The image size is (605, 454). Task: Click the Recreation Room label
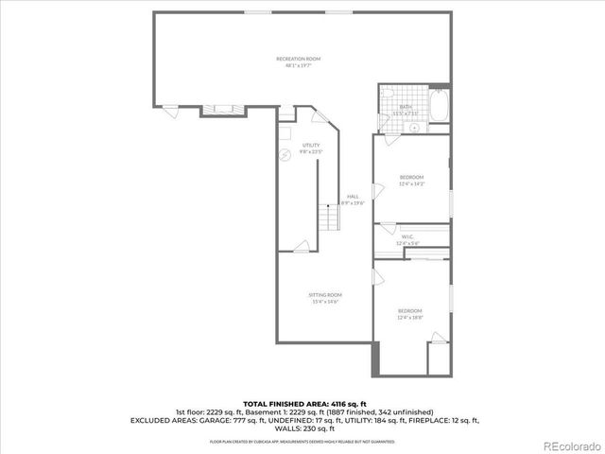pyautogui.click(x=293, y=60)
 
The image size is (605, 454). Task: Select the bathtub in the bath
pyautogui.click(x=441, y=105)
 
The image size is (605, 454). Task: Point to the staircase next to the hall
pyautogui.click(x=327, y=218)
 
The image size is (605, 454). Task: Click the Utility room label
pyautogui.click(x=311, y=145)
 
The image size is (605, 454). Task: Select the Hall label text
pyautogui.click(x=353, y=197)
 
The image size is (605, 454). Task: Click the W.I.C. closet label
pyautogui.click(x=406, y=236)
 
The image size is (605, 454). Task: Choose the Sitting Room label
pyautogui.click(x=323, y=296)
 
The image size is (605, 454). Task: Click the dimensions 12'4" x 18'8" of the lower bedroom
pyautogui.click(x=409, y=318)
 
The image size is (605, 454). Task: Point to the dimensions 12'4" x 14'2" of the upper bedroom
pyautogui.click(x=410, y=183)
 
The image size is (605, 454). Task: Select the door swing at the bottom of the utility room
pyautogui.click(x=301, y=248)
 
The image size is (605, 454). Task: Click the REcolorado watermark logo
pyautogui.click(x=568, y=445)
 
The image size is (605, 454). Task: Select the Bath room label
pyautogui.click(x=406, y=108)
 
